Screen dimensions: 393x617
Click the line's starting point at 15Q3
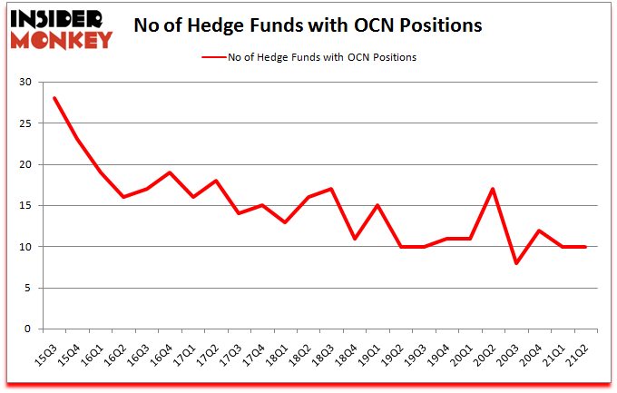coord(54,98)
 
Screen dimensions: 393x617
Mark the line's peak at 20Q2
coord(491,189)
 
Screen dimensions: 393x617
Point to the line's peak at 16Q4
coord(170,172)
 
